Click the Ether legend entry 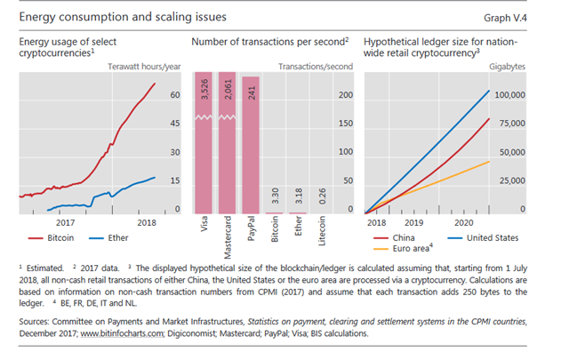pyautogui.click(x=121, y=238)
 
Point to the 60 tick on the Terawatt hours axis pyautogui.click(x=175, y=94)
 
